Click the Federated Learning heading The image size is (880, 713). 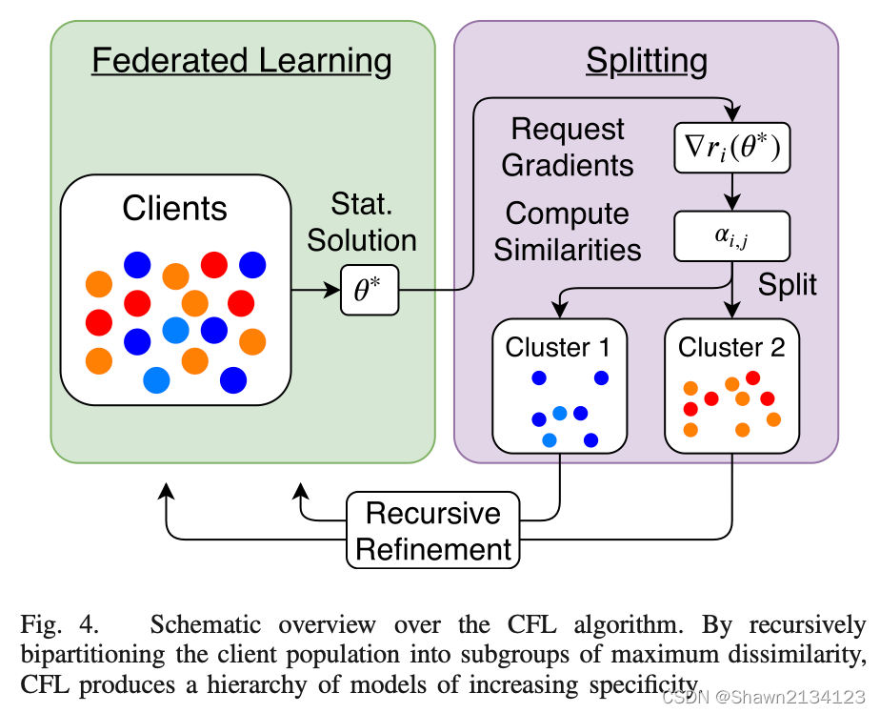pyautogui.click(x=241, y=61)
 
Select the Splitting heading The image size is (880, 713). pyautogui.click(x=646, y=61)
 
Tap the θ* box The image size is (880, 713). pyautogui.click(x=370, y=291)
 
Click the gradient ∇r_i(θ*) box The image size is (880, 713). pyautogui.click(x=731, y=147)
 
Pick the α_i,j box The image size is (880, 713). pyautogui.click(x=731, y=237)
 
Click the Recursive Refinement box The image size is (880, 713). pyautogui.click(x=433, y=531)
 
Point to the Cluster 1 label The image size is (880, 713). pyautogui.click(x=558, y=347)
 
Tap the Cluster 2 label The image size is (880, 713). pyautogui.click(x=731, y=347)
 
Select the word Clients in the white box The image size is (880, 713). pyautogui.click(x=175, y=208)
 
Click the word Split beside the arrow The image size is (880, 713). pyautogui.click(x=788, y=284)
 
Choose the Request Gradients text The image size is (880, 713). pyautogui.click(x=567, y=147)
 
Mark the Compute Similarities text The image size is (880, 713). pyautogui.click(x=567, y=231)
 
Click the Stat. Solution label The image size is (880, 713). pyautogui.click(x=373, y=221)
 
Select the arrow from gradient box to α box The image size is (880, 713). pyautogui.click(x=731, y=194)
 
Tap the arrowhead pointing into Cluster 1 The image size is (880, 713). pyautogui.click(x=560, y=311)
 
